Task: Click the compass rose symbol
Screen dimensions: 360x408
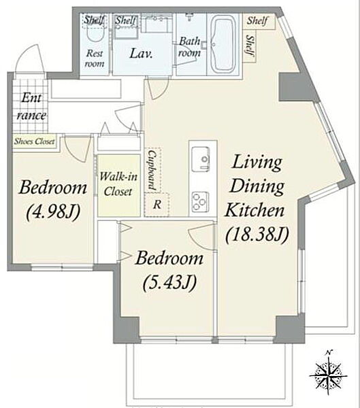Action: coord(329,375)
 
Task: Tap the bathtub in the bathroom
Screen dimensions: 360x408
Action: coord(222,45)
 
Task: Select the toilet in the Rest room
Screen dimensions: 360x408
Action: coord(94,33)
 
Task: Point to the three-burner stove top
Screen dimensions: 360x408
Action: coord(201,201)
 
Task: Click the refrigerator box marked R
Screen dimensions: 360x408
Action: coord(157,205)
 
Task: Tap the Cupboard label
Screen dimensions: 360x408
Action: coord(152,170)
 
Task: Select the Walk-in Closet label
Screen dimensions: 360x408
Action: coord(118,184)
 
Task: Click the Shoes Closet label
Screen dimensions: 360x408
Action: coord(35,141)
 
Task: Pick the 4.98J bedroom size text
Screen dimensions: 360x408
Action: coord(53,211)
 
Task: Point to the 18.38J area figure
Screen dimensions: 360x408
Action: coord(257,235)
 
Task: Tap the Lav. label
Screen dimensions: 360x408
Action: coord(141,53)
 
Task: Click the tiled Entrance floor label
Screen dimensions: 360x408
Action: coord(31,107)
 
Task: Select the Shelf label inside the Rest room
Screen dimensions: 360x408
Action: coord(94,20)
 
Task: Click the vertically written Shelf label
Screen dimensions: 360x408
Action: coord(250,46)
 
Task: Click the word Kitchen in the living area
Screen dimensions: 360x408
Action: coord(255,210)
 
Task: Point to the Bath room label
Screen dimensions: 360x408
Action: coord(189,47)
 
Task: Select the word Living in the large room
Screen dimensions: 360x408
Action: coord(257,163)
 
